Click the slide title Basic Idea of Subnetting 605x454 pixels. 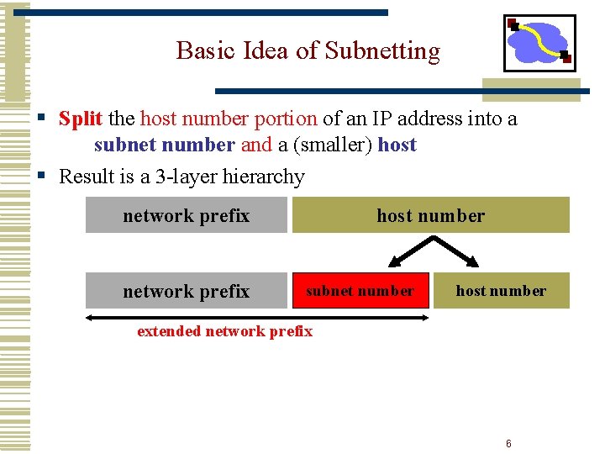point(308,51)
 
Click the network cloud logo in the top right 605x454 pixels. point(539,43)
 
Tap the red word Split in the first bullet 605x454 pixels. point(81,119)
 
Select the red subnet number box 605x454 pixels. point(360,291)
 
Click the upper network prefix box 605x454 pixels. point(186,215)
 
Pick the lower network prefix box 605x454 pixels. point(186,291)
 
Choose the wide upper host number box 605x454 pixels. point(430,215)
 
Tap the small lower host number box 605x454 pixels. point(501,291)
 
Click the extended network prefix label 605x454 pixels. point(224,331)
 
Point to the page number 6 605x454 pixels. point(508,444)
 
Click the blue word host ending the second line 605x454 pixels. point(397,145)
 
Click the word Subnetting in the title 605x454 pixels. point(381,51)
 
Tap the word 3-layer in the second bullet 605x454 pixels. point(185,177)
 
